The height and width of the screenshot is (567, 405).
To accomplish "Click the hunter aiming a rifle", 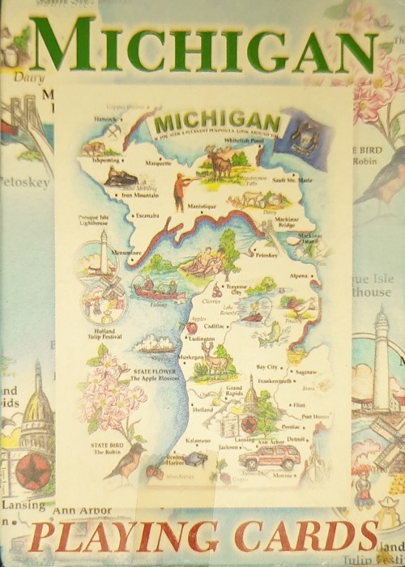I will tap(180, 189).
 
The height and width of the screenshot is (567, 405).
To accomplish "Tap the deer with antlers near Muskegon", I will tap(214, 362).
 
